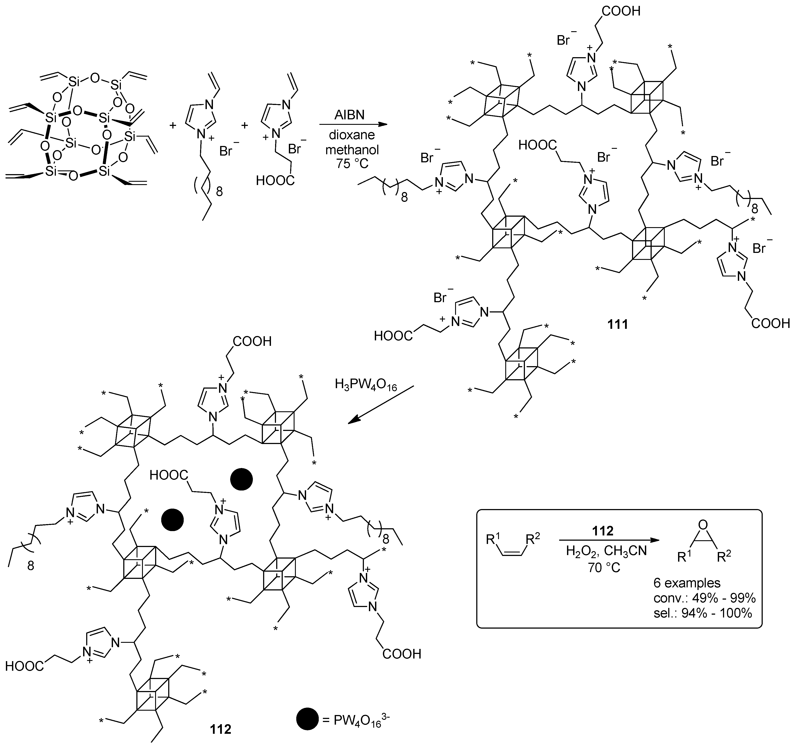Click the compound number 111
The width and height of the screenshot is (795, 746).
(x=618, y=324)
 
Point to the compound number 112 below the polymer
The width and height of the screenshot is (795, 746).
(x=221, y=729)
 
